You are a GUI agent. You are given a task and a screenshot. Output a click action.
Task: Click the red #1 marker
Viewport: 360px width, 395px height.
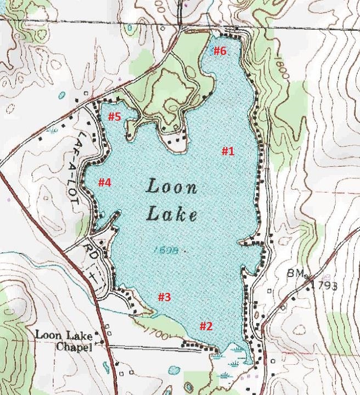pyautogui.click(x=228, y=151)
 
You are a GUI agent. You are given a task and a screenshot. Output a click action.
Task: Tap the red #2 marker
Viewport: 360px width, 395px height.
pyautogui.click(x=205, y=326)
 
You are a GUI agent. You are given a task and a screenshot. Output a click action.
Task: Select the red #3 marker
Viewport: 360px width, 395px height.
pyautogui.click(x=165, y=297)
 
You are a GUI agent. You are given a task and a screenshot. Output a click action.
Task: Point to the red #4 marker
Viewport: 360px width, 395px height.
pyautogui.click(x=104, y=182)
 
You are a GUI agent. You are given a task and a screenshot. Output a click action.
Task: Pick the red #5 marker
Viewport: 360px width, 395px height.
pyautogui.click(x=114, y=116)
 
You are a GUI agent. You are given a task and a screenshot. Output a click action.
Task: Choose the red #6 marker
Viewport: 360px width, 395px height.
pyautogui.click(x=220, y=52)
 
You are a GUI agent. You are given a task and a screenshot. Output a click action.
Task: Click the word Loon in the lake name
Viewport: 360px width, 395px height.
pyautogui.click(x=171, y=188)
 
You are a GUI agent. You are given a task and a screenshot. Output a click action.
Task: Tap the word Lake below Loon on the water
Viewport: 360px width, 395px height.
pyautogui.click(x=171, y=215)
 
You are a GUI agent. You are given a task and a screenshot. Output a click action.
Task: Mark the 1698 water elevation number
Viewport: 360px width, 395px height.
pyautogui.click(x=164, y=250)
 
